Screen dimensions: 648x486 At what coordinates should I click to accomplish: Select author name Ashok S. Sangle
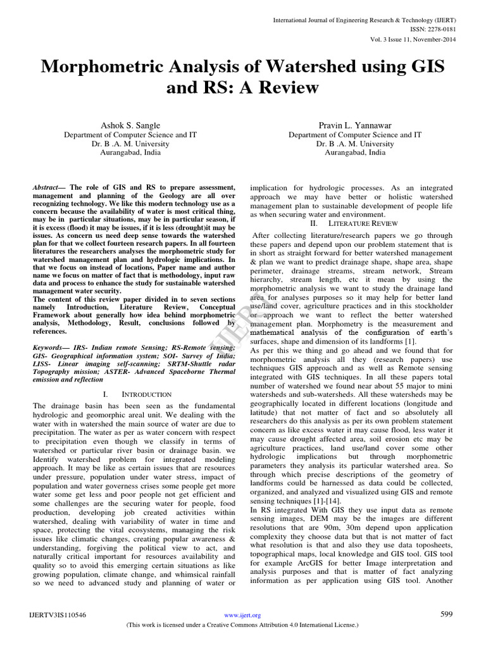pyautogui.click(x=131, y=126)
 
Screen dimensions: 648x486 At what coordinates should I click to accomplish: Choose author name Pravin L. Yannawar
pyautogui.click(x=355, y=126)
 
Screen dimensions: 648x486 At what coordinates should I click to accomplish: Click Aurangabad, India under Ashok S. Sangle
pyautogui.click(x=131, y=153)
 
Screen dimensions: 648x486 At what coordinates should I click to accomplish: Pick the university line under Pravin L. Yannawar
pyautogui.click(x=355, y=144)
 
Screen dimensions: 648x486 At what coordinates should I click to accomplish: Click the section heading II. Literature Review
pyautogui.click(x=354, y=224)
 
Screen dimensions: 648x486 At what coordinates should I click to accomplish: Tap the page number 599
pyautogui.click(x=446, y=614)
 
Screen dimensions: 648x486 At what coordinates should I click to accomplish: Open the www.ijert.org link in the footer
pyautogui.click(x=243, y=615)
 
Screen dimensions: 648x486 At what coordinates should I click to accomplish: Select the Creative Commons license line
pyautogui.click(x=243, y=625)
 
